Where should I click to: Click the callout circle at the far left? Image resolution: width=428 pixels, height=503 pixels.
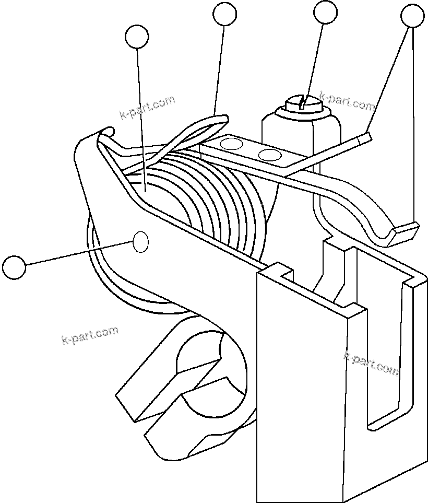click(14, 267)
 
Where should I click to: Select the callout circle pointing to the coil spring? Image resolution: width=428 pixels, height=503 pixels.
click(137, 37)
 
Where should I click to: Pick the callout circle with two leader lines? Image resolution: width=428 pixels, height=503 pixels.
click(412, 16)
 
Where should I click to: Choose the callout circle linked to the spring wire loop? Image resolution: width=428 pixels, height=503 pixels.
click(225, 14)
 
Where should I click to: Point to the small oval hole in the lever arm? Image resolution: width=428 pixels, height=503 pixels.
click(141, 242)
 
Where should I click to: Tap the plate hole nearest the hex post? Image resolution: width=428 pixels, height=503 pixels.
click(270, 155)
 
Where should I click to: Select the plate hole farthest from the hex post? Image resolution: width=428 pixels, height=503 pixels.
click(233, 144)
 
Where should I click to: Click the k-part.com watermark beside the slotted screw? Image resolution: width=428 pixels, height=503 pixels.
click(347, 101)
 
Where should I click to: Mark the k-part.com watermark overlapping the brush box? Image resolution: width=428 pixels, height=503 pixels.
click(371, 363)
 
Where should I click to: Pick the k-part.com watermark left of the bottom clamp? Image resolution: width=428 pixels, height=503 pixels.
click(90, 335)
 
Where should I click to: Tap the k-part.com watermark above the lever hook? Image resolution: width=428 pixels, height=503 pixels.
click(147, 108)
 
